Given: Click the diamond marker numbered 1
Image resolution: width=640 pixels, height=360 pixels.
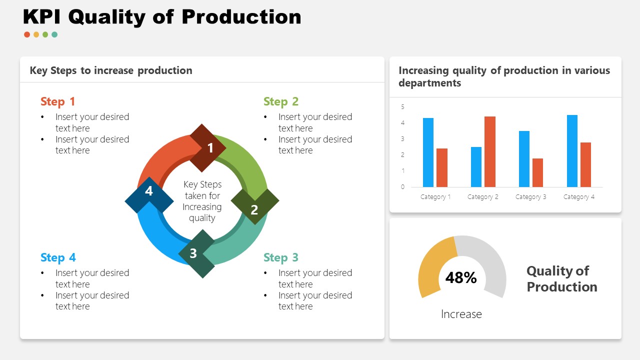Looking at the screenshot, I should tap(208, 148).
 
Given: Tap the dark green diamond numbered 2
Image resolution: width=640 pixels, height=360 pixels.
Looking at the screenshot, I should tap(255, 206).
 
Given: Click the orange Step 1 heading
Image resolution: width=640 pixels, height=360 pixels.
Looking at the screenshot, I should tap(57, 101).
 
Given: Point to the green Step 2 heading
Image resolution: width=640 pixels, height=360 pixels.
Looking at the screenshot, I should tap(280, 101).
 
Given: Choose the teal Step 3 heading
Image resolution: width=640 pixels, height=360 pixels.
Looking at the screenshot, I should tap(280, 257).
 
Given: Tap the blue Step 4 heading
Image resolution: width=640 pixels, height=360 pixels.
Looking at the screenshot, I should tap(58, 257).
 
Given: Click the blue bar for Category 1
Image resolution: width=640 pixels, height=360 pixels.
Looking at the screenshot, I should tap(428, 152).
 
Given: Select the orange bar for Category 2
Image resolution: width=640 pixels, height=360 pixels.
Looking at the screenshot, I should tap(490, 151).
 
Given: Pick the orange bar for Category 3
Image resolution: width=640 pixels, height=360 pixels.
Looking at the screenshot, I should tap(537, 172).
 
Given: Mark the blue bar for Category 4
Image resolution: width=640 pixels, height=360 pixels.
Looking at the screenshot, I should tap(572, 151).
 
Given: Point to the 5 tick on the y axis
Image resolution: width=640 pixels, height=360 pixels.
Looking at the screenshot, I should tap(402, 107).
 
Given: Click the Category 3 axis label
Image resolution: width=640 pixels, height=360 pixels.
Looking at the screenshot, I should tap(530, 197).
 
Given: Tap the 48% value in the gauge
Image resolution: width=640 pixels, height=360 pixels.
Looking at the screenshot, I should tap(460, 277).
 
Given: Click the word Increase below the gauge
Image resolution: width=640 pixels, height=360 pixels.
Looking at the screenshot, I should tap(461, 314).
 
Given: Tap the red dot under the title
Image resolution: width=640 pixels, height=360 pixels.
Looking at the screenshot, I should tap(27, 34).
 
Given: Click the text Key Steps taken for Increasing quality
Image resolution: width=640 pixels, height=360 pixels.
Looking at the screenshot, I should tap(202, 201).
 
